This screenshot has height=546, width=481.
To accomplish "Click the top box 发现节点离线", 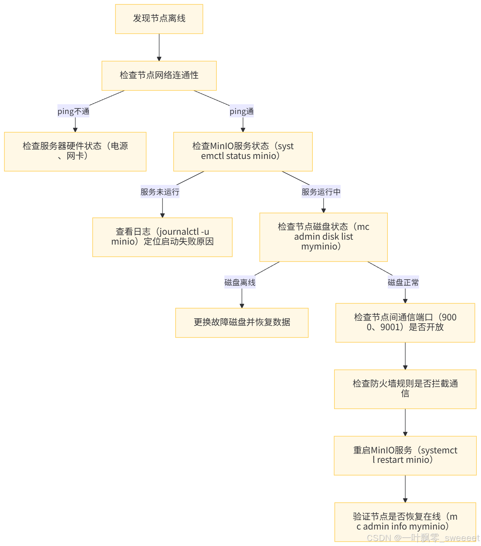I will pyautogui.click(x=159, y=19).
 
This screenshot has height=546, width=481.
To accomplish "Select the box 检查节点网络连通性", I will pyautogui.click(x=159, y=75).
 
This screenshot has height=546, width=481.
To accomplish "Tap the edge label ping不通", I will pyautogui.click(x=73, y=111).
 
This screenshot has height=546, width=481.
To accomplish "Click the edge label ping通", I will pyautogui.click(x=241, y=111).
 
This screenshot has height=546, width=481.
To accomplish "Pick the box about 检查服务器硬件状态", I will pyautogui.click(x=75, y=151).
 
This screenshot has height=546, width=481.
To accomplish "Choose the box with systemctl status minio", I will pyautogui.click(x=243, y=151).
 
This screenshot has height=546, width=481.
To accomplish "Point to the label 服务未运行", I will pyautogui.click(x=160, y=192).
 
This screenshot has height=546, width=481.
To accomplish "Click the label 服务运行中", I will pyautogui.click(x=321, y=192).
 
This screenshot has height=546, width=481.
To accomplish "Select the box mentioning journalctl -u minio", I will pyautogui.click(x=162, y=237).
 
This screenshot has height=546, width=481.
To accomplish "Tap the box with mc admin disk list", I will pyautogui.click(x=323, y=237).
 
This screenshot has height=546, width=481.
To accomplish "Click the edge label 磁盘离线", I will pyautogui.click(x=240, y=282).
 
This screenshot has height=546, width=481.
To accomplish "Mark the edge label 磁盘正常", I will pyautogui.click(x=403, y=282).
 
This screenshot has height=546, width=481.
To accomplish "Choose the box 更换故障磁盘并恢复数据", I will pyautogui.click(x=242, y=322).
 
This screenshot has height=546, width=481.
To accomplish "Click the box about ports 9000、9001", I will pyautogui.click(x=405, y=322).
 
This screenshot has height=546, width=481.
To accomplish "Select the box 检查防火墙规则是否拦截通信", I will pyautogui.click(x=405, y=389).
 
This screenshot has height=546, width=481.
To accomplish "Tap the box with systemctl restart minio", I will pyautogui.click(x=405, y=455).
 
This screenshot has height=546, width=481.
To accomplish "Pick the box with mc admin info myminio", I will pyautogui.click(x=405, y=521).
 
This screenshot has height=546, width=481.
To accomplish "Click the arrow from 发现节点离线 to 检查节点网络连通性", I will pyautogui.click(x=159, y=47).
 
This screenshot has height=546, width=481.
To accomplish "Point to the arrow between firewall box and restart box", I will pyautogui.click(x=405, y=422).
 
